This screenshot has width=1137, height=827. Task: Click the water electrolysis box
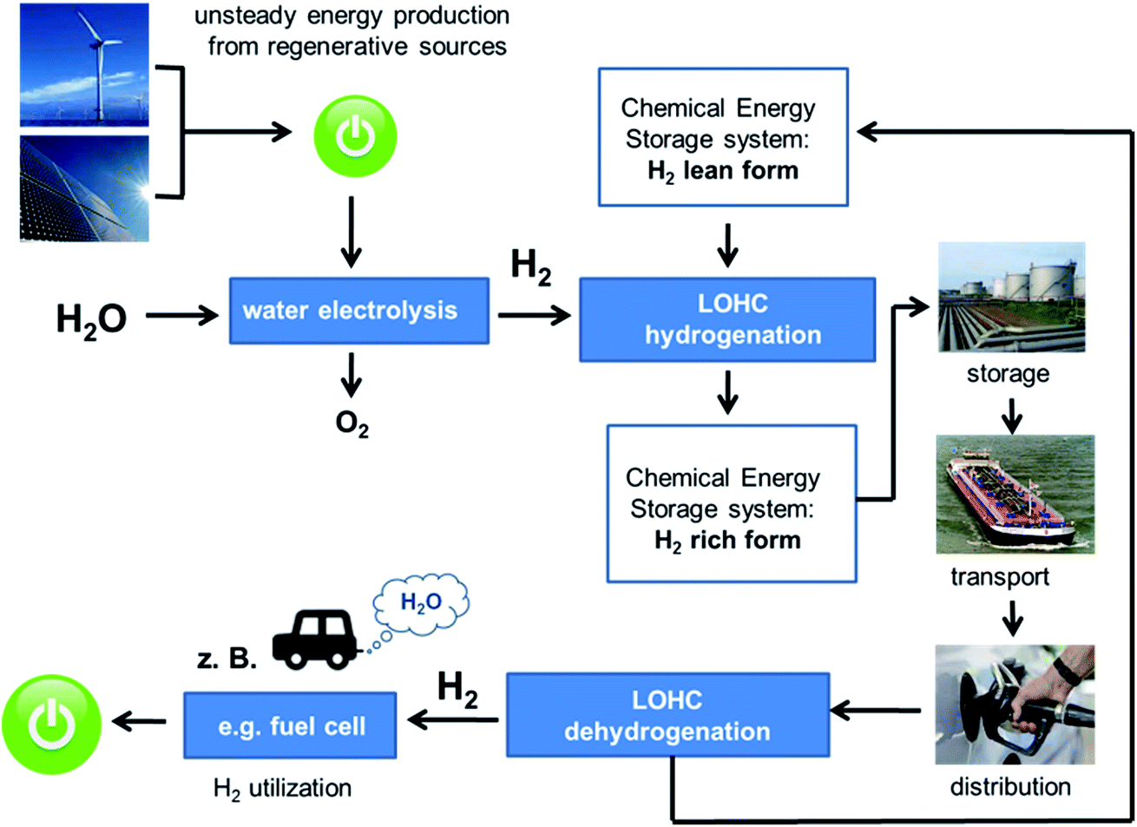pos(358,311)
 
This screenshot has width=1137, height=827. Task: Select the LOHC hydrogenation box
pos(727,319)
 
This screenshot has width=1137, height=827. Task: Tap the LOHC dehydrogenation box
pos(667,715)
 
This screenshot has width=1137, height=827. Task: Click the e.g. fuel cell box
pos(290,725)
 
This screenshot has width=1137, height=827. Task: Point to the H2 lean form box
pos(722,137)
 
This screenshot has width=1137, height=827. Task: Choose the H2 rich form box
pos(731,503)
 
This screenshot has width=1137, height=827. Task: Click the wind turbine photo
pos(84,64)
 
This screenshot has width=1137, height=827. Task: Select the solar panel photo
pos(84,187)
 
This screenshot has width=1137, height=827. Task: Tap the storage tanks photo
pos(1011,297)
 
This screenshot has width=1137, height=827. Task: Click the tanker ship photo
pos(1015,494)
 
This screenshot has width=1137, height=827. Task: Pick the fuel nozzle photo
pos(1015,704)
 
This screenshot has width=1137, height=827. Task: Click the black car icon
pos(314,640)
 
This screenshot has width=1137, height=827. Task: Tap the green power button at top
pos(355,137)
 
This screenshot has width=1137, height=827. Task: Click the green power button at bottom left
pos(51,725)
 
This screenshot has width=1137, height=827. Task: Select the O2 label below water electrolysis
pos(352,423)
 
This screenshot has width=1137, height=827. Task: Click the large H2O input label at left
pos(91,319)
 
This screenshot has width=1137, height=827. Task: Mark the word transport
pos(1000,576)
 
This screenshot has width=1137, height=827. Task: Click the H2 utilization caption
pos(282,788)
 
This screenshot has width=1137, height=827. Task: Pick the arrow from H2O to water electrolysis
pos(181,316)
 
